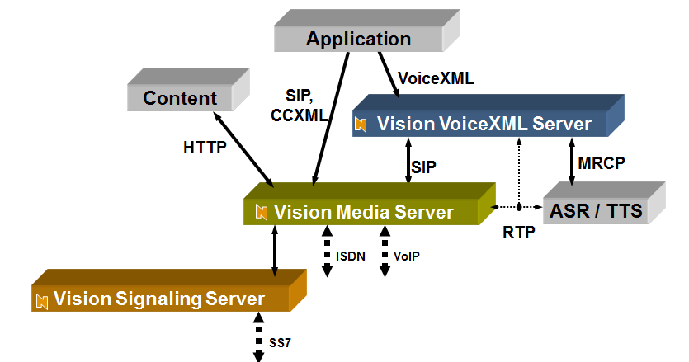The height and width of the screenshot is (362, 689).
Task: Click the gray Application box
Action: [358, 39]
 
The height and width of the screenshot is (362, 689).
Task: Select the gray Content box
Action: [180, 98]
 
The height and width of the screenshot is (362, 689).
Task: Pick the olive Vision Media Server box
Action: [363, 212]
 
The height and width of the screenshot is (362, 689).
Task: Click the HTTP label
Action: [205, 148]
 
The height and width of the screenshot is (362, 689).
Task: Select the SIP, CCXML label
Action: [300, 106]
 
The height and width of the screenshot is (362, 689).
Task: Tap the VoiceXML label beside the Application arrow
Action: [437, 78]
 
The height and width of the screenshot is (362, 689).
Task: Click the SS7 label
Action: [281, 341]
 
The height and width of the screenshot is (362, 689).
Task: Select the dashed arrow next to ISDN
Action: [327, 252]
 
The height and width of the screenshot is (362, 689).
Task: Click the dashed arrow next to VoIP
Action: [384, 252]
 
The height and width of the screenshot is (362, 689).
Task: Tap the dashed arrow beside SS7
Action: [259, 338]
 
